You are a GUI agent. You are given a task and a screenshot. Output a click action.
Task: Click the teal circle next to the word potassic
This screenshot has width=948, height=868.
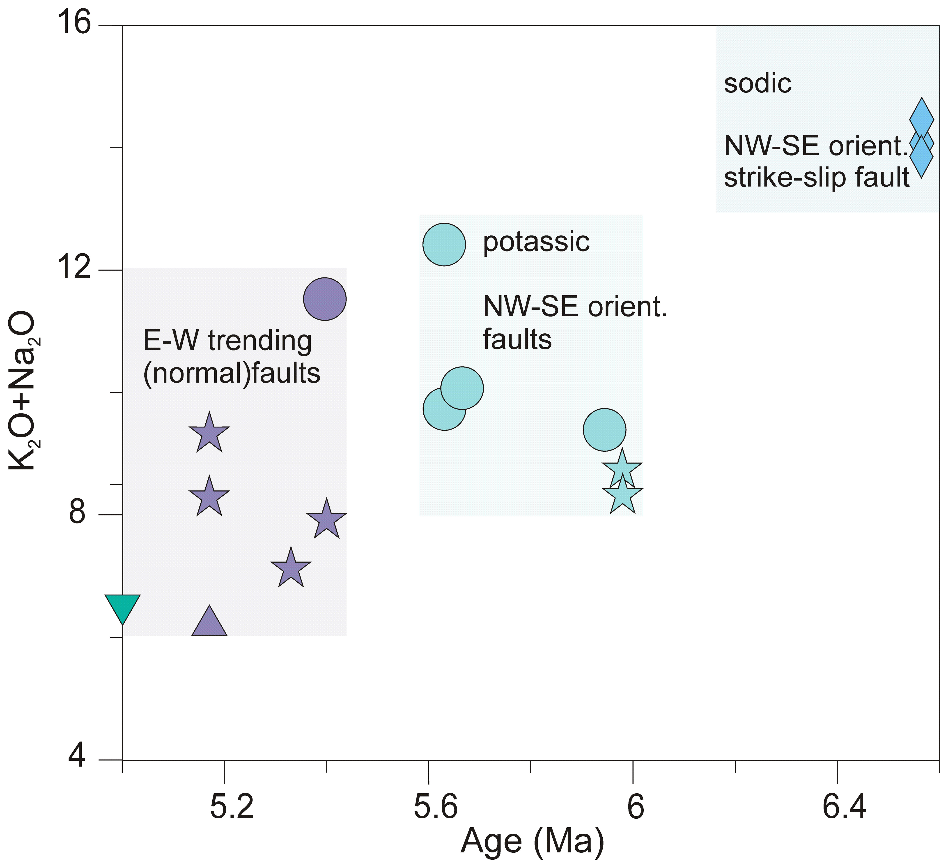444,245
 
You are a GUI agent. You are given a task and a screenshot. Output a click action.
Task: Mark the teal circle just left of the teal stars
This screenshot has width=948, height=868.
604,429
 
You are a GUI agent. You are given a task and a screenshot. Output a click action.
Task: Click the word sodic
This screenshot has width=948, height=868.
757,84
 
